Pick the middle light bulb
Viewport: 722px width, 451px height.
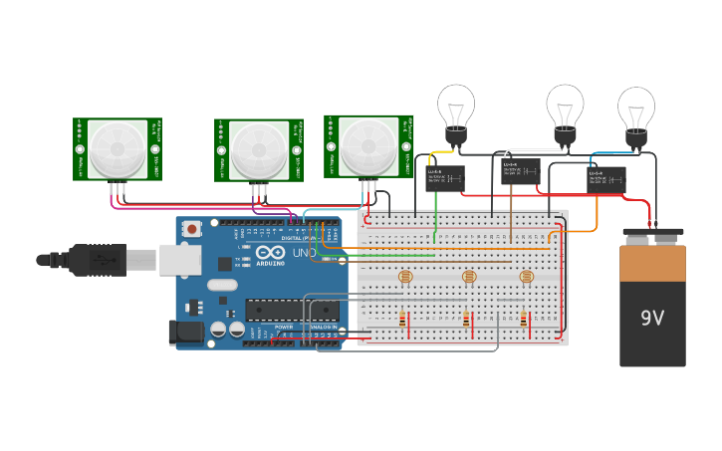coord(564,107)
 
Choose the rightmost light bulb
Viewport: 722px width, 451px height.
coord(636,109)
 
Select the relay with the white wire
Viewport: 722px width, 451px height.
coord(520,172)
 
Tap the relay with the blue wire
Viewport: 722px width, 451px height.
coord(605,180)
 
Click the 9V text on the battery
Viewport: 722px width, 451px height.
coord(652,319)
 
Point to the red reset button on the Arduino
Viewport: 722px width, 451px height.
coord(190,229)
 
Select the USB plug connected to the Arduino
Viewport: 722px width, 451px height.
coord(100,260)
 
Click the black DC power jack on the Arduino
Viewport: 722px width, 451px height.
coord(188,333)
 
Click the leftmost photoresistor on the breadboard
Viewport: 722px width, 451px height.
coord(403,277)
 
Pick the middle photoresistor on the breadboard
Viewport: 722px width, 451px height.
coord(468,277)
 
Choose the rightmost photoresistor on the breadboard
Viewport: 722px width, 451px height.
coord(527,277)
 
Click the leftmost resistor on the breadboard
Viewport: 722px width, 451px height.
coord(402,320)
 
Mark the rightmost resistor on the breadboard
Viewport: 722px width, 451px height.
coord(525,320)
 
